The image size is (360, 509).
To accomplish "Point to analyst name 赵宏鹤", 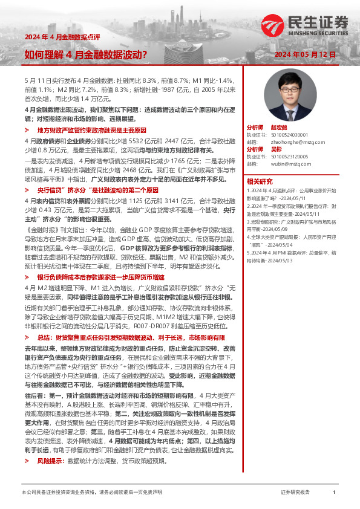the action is point(278,129).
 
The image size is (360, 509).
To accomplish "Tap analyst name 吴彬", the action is point(275,149).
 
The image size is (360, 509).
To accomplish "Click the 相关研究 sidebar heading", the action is point(259,180).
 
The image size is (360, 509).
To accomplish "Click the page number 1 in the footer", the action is point(334,493).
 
